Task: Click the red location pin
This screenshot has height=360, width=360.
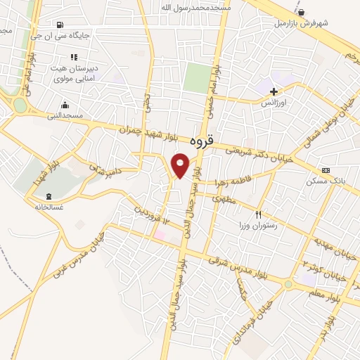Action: (181, 165)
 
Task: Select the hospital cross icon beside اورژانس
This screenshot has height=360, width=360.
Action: (274, 91)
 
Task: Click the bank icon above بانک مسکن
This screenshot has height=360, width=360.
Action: (325, 170)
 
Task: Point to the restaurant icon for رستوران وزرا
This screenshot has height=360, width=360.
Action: (259, 214)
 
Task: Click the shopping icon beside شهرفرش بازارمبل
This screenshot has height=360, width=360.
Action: (302, 12)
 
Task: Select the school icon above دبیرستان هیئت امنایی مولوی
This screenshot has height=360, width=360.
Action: (74, 57)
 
